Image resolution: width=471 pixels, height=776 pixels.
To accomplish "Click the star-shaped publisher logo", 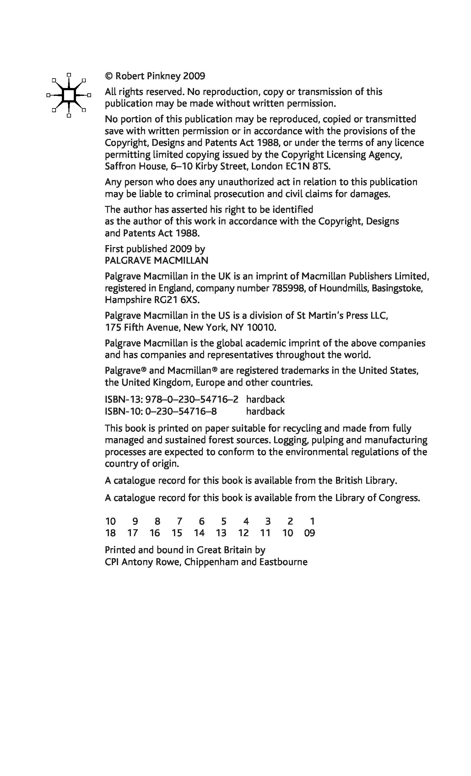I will (x=68, y=95).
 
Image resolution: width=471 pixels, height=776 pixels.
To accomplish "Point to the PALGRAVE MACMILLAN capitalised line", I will (x=156, y=261).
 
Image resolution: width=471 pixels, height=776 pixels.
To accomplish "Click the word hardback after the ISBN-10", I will (x=265, y=411).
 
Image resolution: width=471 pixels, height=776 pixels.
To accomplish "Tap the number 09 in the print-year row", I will (x=310, y=533).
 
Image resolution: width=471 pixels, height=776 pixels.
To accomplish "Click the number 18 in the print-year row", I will (x=110, y=533).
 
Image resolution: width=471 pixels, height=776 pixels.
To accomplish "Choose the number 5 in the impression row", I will (x=224, y=521).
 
